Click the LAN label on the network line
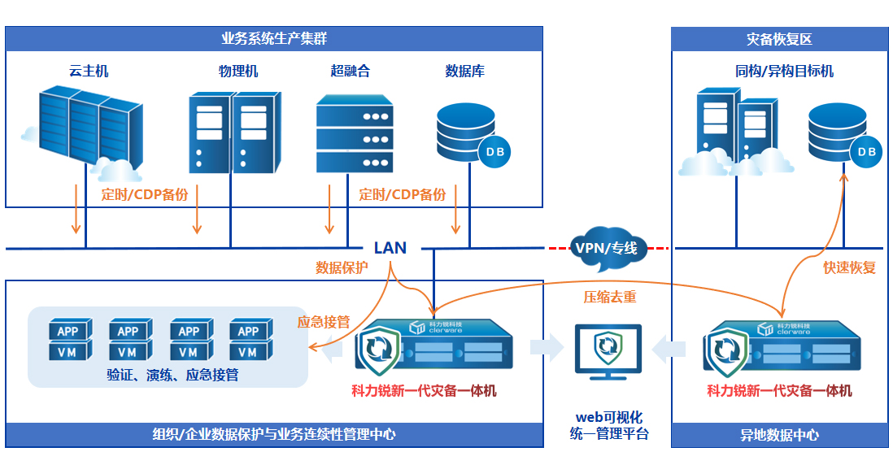390,248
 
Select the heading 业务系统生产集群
274,39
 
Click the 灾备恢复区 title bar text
778,39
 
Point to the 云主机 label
89,72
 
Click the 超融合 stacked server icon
354,133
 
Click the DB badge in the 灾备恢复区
867,152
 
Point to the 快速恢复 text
849,267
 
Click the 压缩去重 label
610,298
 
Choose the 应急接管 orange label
324,322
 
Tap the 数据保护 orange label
342,267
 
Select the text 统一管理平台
609,434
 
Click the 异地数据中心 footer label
779,435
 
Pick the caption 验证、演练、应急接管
172,375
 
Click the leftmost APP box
68,331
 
